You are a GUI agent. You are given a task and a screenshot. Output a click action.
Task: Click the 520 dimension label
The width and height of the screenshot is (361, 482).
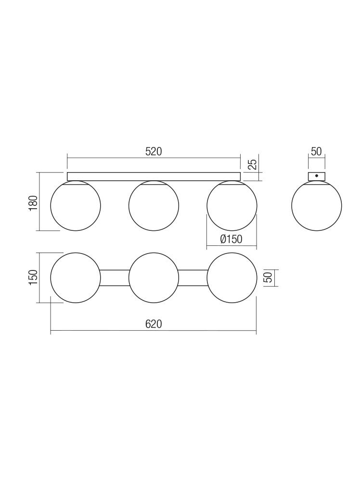tap(154, 151)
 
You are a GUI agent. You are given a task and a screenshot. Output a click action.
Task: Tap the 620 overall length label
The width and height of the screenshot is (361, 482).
tap(154, 324)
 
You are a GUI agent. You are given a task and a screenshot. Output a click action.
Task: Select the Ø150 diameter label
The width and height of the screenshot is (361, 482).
tap(231, 239)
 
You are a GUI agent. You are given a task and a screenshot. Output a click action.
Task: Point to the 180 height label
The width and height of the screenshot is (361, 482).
tap(33, 203)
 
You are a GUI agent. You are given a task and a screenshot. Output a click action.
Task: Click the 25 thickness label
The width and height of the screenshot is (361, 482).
tap(252, 164)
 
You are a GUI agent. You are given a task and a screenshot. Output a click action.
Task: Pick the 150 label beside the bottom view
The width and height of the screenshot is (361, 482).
tap(33, 277)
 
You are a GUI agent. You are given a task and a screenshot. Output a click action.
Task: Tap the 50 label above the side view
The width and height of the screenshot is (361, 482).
tap(316, 151)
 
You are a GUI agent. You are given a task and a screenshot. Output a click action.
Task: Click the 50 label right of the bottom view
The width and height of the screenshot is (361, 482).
tap(268, 278)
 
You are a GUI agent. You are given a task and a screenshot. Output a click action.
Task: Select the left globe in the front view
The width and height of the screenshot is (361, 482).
tap(76, 205)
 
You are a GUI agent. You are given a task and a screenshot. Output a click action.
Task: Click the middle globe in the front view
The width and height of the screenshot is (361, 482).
tap(154, 205)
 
